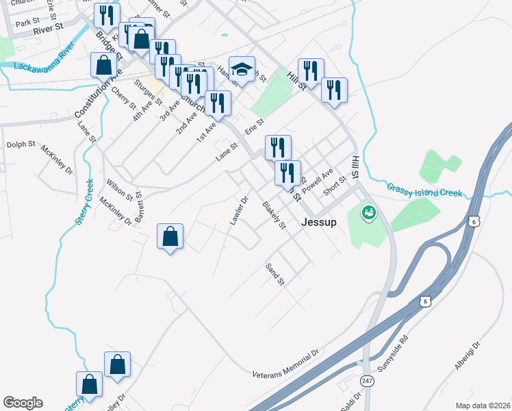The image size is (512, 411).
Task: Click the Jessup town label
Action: pos(319,222)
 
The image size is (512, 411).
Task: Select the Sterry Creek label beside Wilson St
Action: pos(89,199)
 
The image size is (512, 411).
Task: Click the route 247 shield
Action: pos(368,380)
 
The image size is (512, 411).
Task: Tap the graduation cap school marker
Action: pos(242,68)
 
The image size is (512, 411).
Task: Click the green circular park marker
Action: pos(369,213)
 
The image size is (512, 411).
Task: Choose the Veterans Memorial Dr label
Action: pos(286,364)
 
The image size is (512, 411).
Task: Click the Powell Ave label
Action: pos(318,180)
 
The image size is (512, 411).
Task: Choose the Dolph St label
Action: pos(20,145)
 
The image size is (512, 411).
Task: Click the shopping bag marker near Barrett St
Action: pos(170,237)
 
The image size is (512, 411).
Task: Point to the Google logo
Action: pos(23,403)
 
